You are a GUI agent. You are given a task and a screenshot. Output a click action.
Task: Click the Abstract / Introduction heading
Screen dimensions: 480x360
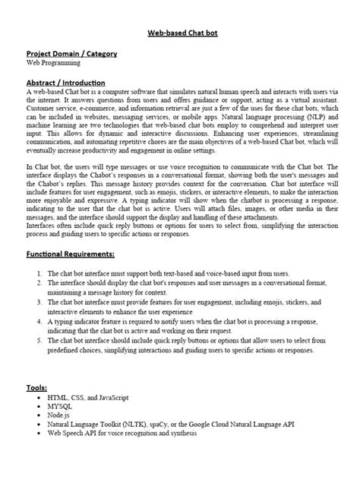65,81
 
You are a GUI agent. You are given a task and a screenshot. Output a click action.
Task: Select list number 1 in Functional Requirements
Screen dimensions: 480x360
39,272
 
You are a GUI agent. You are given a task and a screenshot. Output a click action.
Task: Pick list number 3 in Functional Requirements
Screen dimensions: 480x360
39,302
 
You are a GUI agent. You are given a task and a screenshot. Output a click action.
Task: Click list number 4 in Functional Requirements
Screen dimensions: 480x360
39,321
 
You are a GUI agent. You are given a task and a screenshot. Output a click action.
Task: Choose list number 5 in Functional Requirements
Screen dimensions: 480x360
39,341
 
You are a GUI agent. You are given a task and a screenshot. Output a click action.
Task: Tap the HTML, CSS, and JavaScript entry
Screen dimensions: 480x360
88,396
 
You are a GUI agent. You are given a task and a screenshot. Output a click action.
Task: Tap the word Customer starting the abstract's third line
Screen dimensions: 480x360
43,109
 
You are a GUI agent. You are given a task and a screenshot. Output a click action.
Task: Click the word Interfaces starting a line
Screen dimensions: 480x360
45,226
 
